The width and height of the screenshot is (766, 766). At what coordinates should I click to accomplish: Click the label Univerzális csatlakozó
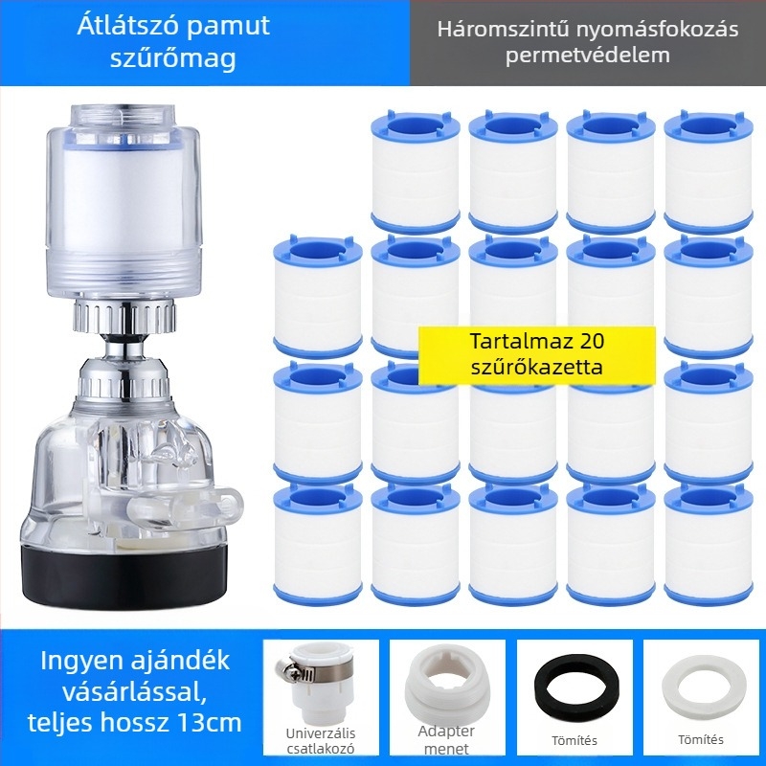(x=321, y=741)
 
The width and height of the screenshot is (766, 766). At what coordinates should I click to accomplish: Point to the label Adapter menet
(x=446, y=739)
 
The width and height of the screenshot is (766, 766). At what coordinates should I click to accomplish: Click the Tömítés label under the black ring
(x=574, y=740)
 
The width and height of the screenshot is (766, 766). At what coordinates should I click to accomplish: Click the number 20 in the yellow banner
(x=593, y=341)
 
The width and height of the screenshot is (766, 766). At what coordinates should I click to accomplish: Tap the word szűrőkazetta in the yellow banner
(x=537, y=367)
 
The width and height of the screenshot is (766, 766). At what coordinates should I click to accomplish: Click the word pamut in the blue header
(x=228, y=27)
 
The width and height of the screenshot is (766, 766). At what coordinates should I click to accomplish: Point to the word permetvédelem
(x=588, y=55)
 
